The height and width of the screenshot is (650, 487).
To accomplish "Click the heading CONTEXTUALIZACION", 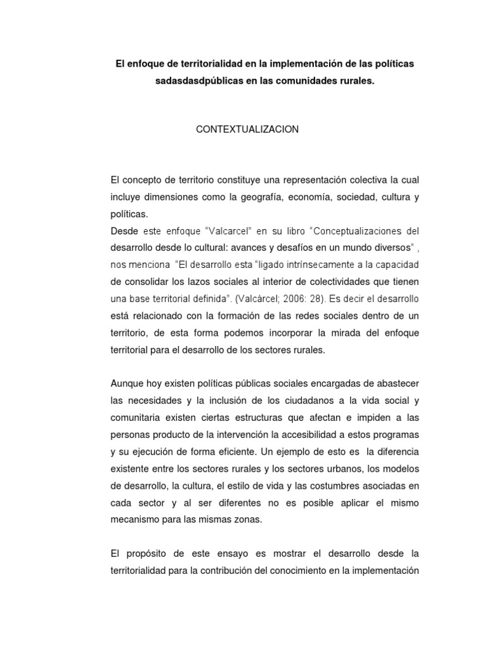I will click(x=247, y=129).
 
